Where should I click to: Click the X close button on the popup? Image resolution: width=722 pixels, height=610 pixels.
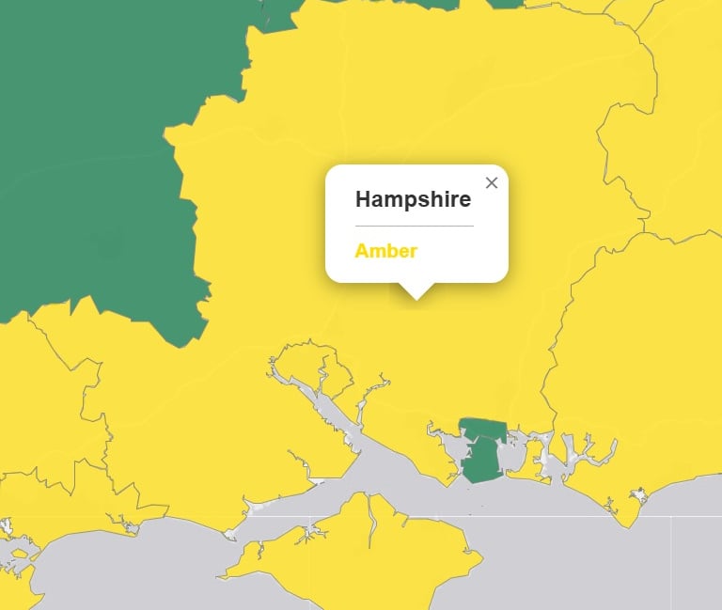point(491,183)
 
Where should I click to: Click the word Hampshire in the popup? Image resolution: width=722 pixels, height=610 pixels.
point(413,199)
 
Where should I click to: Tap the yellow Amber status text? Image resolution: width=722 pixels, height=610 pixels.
point(385,251)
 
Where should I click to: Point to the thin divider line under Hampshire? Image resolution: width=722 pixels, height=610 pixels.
point(414,227)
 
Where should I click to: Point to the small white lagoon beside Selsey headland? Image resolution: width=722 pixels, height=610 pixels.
point(639,494)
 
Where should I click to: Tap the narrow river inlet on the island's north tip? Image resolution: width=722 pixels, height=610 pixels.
point(372,512)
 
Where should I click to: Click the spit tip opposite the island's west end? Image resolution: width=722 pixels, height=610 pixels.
point(231,536)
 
